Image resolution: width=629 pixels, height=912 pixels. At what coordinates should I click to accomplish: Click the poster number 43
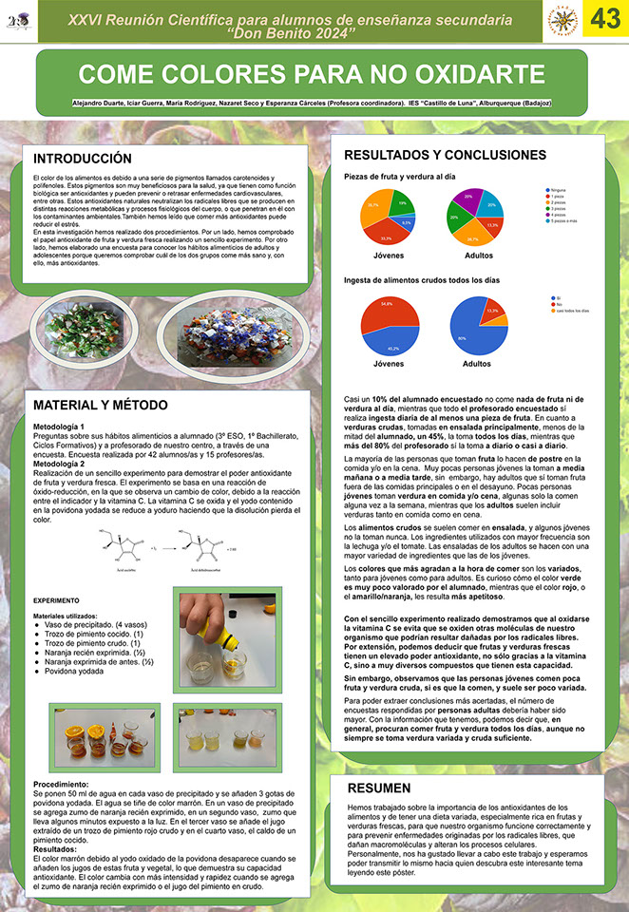coord(605,19)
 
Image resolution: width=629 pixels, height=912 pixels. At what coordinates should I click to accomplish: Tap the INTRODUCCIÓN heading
coord(82,158)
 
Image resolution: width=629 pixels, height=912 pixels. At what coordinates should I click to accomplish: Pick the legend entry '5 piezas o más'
coord(557,220)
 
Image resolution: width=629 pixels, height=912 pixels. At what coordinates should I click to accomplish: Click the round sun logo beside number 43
coord(562,19)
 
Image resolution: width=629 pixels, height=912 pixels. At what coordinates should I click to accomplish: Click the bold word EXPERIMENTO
coord(58,601)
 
